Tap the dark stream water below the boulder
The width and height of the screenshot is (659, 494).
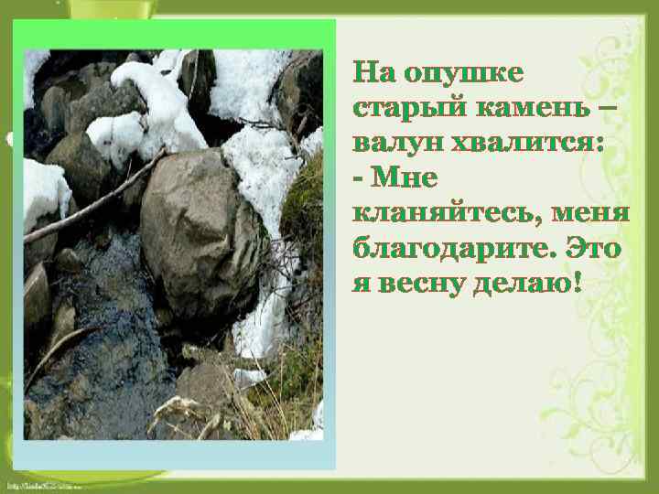click(101, 366)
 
